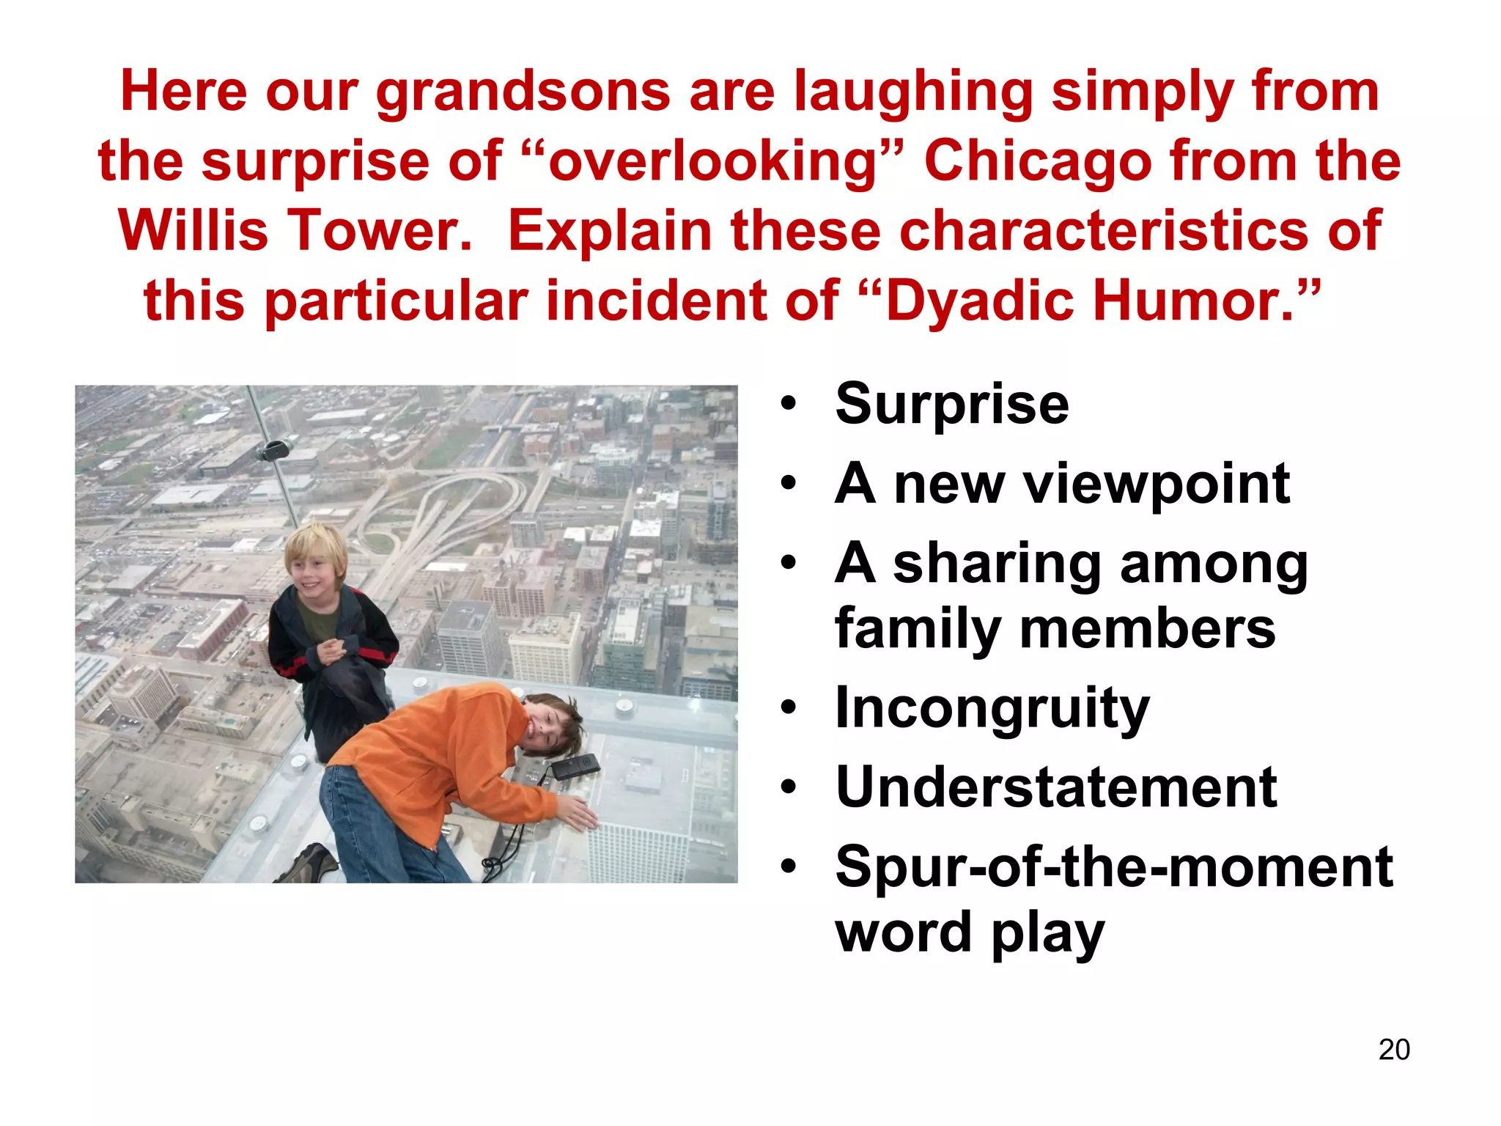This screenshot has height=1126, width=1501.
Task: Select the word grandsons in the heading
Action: (x=523, y=92)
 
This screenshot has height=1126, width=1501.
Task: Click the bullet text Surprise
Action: (x=951, y=404)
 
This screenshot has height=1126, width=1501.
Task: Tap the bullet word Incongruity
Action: (x=992, y=709)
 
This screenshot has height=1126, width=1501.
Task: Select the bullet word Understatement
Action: (x=1056, y=787)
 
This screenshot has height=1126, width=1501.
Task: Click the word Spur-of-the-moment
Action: (x=1113, y=867)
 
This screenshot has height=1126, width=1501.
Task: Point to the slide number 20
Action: (x=1393, y=1050)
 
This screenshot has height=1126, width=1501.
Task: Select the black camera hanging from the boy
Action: (x=575, y=766)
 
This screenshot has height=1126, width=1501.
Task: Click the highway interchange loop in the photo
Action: (x=469, y=506)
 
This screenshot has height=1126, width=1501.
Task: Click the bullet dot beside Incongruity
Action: (x=788, y=709)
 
